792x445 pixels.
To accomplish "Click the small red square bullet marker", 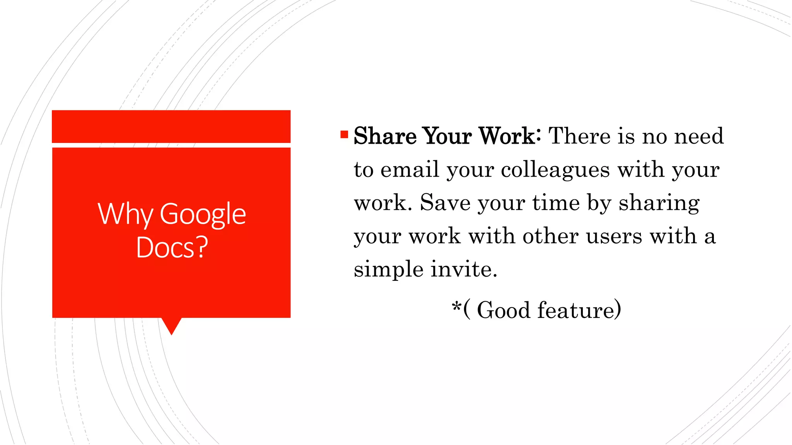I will click(x=344, y=135).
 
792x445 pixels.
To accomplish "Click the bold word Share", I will click(x=385, y=136).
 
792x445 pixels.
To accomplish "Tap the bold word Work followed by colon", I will click(x=509, y=136).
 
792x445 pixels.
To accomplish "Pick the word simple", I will click(x=388, y=270).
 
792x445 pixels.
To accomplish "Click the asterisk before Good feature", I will click(x=456, y=307).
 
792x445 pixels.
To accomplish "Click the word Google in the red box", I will click(x=203, y=214).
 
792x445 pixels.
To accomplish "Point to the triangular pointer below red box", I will click(x=171, y=325).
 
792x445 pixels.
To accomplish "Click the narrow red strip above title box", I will click(x=171, y=126).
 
